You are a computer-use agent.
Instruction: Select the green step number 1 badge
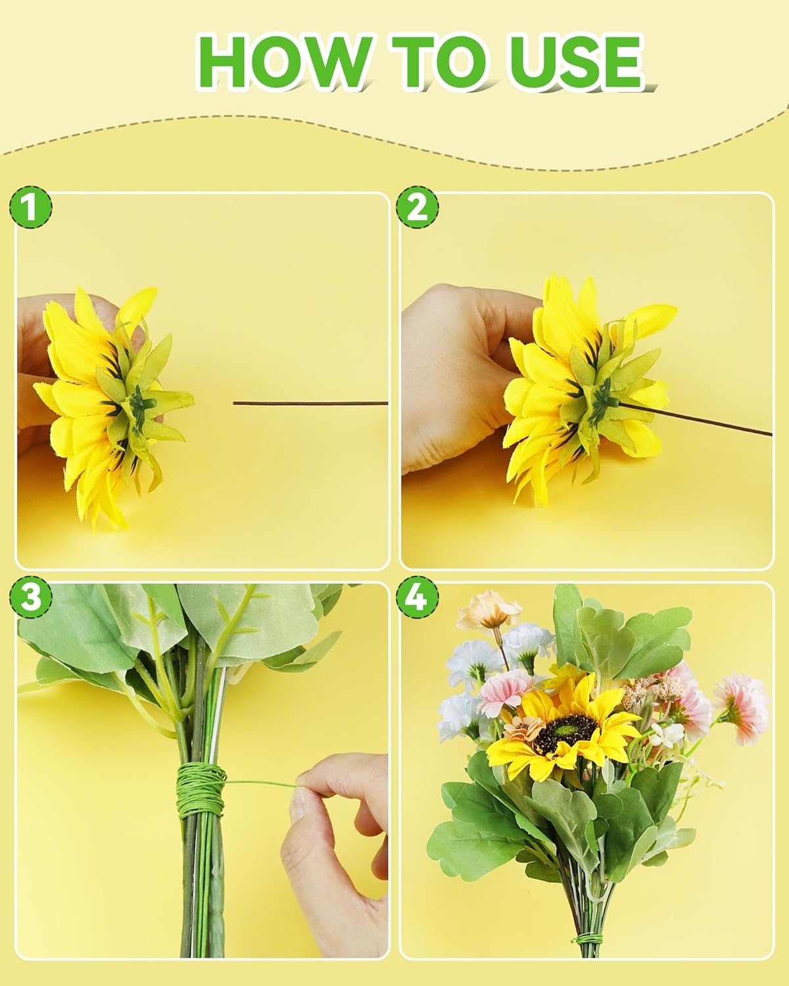(30, 208)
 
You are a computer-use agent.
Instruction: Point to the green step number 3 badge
(30, 598)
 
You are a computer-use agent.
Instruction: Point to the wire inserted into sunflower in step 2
(697, 421)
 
